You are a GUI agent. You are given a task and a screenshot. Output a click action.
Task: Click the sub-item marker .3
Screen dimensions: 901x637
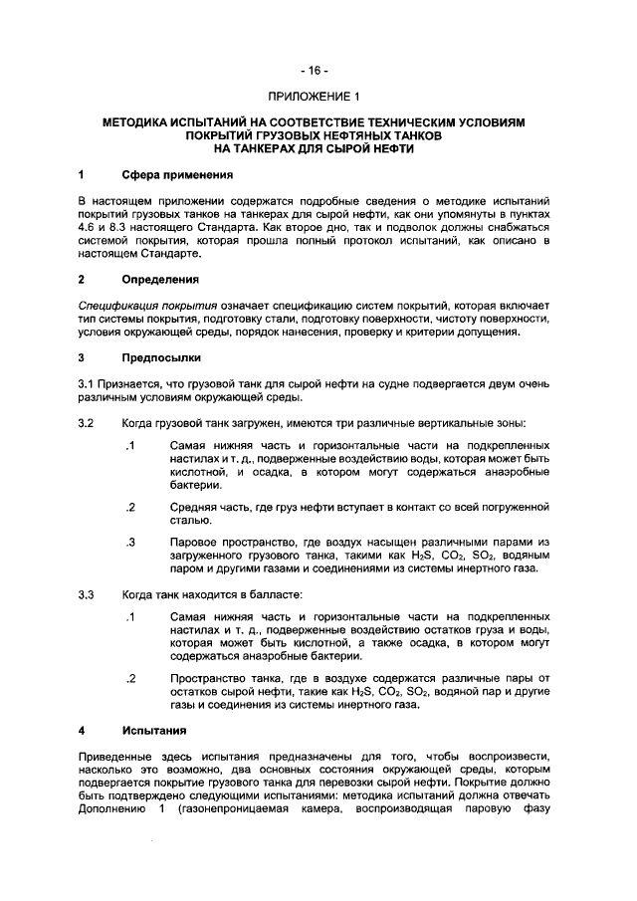pos(129,542)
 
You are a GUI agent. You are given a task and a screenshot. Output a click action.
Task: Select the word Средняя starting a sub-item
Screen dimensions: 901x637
pos(193,507)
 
